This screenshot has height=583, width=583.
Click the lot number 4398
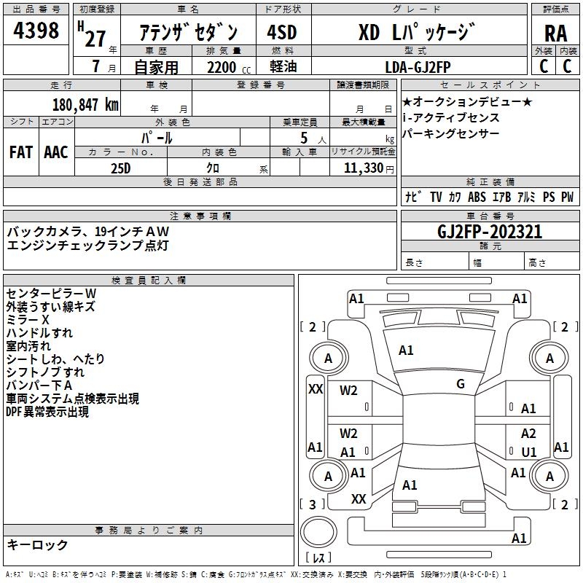click(x=36, y=32)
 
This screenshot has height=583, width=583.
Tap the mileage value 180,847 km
click(x=85, y=104)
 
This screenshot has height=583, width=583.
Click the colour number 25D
click(x=120, y=168)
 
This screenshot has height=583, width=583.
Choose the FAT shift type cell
click(x=20, y=152)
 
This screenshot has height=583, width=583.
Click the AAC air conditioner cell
click(x=56, y=152)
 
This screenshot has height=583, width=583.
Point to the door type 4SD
click(x=282, y=34)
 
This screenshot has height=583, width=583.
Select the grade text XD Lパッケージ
click(x=417, y=33)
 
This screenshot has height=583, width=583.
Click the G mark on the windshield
click(x=461, y=383)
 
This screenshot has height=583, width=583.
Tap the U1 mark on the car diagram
click(x=529, y=452)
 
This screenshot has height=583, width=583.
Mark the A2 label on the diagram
click(x=528, y=434)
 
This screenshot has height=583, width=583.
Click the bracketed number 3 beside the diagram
click(x=313, y=504)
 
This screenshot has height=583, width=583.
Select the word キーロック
click(x=38, y=544)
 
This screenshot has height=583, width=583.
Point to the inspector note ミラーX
click(x=28, y=320)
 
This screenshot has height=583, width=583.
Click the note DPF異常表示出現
click(x=47, y=412)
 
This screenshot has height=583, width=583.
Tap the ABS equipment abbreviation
click(x=477, y=197)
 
